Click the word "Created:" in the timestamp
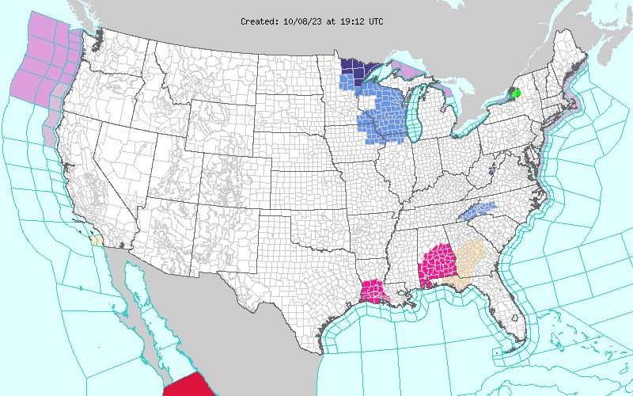coord(260,21)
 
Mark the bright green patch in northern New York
coord(514,93)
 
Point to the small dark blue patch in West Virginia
coord(492,168)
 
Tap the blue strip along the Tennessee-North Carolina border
coord(479,210)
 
